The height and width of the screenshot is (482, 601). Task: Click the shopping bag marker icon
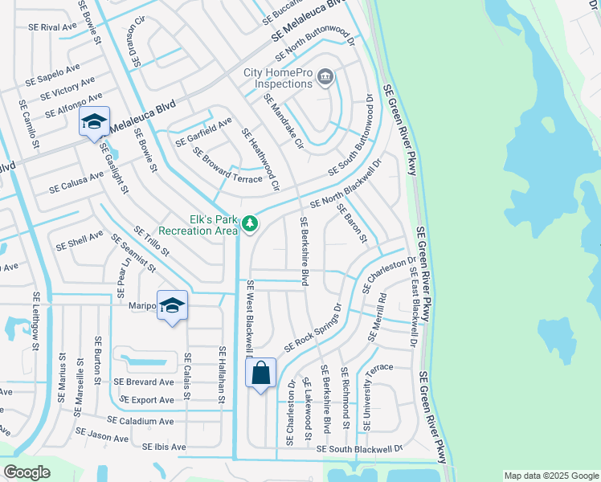[x=261, y=374]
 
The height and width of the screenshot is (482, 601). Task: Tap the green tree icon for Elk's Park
[x=250, y=223]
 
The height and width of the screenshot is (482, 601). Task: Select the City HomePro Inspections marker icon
[x=325, y=78]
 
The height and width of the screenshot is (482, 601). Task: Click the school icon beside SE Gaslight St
[x=94, y=122]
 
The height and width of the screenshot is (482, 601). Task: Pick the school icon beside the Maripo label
[x=172, y=306]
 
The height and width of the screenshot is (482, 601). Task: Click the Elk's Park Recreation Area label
[x=198, y=225]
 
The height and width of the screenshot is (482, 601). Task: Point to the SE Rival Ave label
[x=52, y=27]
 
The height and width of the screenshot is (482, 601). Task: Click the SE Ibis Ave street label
[x=164, y=447]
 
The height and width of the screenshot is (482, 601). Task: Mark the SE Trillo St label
[x=152, y=242]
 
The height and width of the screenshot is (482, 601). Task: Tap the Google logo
[x=27, y=472]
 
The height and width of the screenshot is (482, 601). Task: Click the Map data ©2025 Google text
[x=550, y=476]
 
